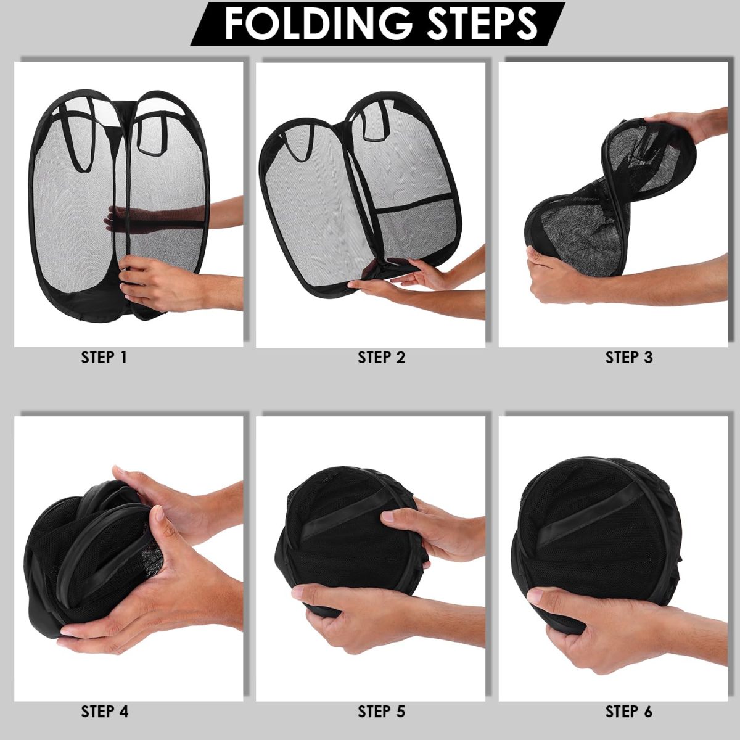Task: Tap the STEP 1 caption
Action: tap(104, 358)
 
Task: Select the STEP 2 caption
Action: tap(381, 358)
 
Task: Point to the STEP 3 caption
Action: tap(629, 358)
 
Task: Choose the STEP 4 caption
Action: tap(104, 712)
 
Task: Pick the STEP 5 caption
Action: tap(381, 712)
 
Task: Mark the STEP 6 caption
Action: tap(629, 712)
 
